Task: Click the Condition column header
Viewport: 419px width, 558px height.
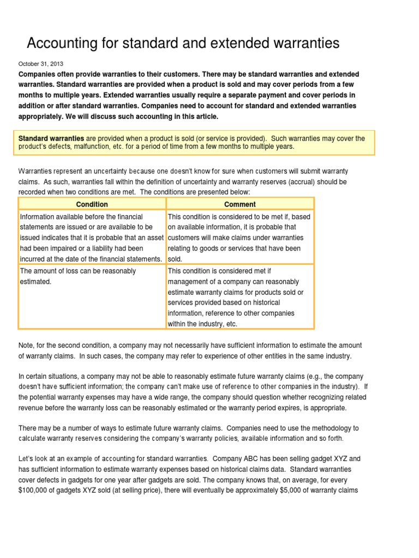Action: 92,204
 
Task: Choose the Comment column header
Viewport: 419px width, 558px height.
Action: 240,204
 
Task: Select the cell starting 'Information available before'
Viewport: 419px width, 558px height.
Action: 92,238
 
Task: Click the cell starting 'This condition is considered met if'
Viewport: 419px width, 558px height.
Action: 240,297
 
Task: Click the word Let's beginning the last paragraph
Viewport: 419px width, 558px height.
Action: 29,459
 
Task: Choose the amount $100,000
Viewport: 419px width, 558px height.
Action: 38,490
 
